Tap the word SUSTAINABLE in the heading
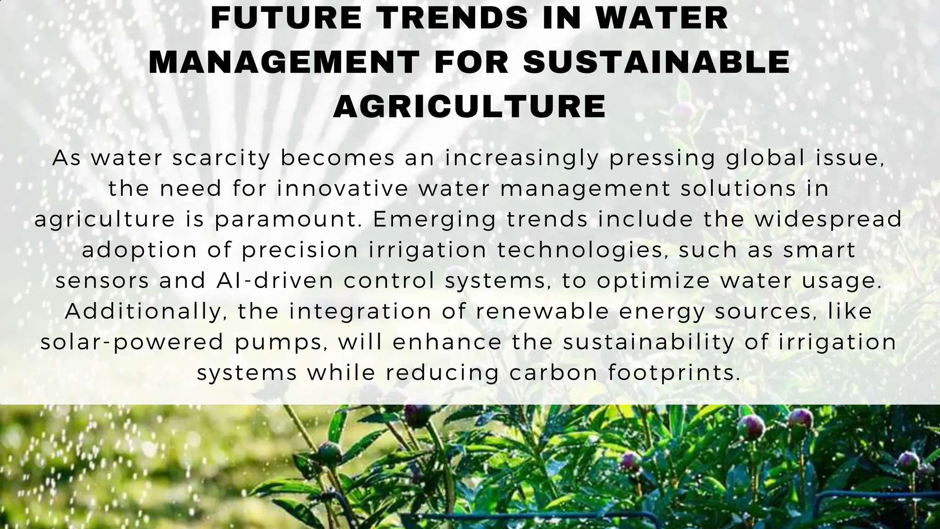[657, 62]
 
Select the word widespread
[828, 219]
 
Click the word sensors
[102, 281]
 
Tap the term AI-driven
[274, 281]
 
